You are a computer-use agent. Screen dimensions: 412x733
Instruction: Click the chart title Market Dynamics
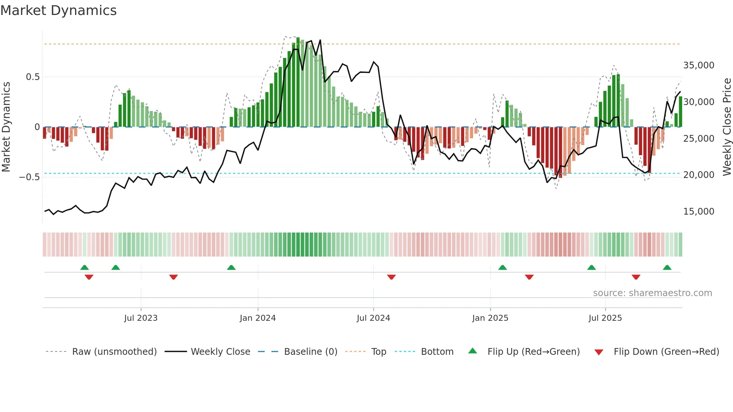click(58, 10)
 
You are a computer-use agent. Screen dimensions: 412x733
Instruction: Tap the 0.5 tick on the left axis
click(33, 77)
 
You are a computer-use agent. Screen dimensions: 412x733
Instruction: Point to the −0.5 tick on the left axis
click(30, 177)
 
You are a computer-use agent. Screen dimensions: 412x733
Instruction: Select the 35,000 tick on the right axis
click(699, 65)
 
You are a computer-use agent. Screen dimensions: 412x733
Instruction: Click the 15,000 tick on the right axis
click(699, 212)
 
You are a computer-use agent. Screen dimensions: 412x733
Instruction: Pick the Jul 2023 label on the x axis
click(141, 318)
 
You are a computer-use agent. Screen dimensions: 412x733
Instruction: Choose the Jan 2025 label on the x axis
click(490, 318)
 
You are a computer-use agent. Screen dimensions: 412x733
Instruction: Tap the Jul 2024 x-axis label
click(373, 318)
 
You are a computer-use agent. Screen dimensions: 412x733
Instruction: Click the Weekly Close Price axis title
click(727, 127)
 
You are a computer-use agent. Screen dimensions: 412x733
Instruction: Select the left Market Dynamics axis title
click(6, 127)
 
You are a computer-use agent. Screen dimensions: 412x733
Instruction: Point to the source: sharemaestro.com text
click(652, 293)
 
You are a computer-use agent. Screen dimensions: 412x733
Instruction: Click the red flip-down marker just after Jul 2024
click(391, 277)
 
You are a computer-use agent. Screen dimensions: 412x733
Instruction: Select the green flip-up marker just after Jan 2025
click(502, 268)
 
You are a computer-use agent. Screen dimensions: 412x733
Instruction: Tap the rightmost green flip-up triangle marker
click(667, 268)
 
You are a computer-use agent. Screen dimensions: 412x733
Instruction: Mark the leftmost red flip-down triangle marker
click(89, 277)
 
